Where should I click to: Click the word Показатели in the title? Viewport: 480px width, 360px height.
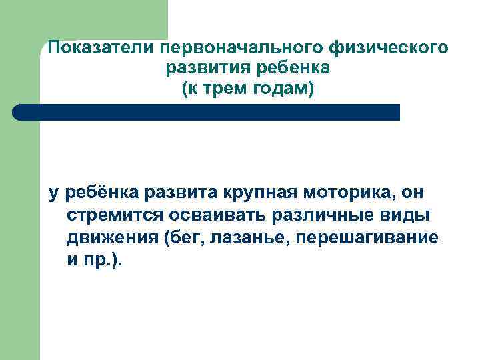coord(98,49)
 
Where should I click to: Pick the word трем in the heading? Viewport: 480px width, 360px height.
coord(229,88)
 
